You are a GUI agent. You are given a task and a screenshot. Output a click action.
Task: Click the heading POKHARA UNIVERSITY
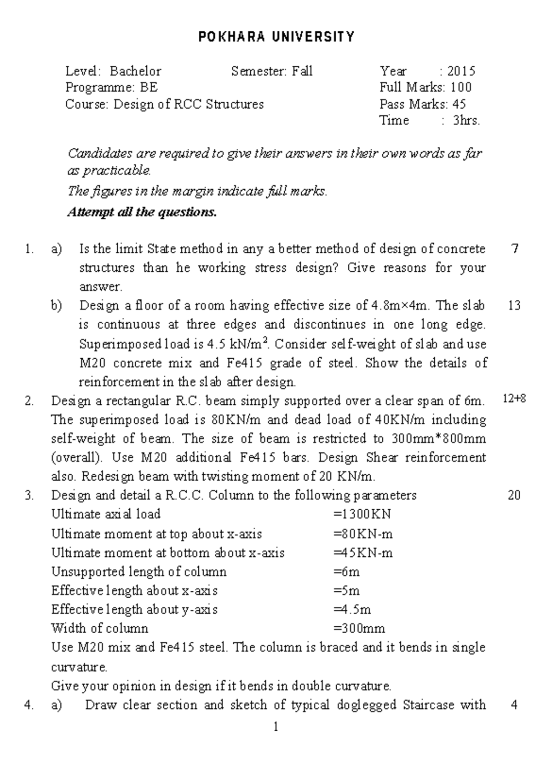[276, 37]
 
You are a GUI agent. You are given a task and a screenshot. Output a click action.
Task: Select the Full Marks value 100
[461, 87]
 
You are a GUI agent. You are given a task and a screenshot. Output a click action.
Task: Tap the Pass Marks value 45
[460, 105]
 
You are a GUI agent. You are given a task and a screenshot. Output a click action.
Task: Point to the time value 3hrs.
[466, 121]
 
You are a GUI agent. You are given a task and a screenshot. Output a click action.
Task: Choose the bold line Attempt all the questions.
[142, 212]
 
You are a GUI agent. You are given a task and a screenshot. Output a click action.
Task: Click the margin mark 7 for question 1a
[515, 249]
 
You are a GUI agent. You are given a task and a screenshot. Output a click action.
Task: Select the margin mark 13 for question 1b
[514, 305]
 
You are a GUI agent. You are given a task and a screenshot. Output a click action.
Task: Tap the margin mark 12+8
[514, 399]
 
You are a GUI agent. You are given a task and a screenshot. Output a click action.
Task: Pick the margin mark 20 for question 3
[514, 495]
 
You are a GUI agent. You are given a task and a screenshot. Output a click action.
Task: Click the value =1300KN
[362, 514]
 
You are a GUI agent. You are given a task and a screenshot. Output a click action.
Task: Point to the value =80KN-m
[363, 534]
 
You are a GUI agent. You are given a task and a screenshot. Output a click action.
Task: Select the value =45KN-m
[363, 553]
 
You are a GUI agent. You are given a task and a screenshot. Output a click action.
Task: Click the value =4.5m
[352, 610]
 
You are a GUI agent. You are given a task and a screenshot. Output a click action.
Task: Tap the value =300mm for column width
[359, 629]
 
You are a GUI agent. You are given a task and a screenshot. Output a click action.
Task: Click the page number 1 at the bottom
[276, 727]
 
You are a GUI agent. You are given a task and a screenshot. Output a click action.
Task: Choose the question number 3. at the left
[29, 495]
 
